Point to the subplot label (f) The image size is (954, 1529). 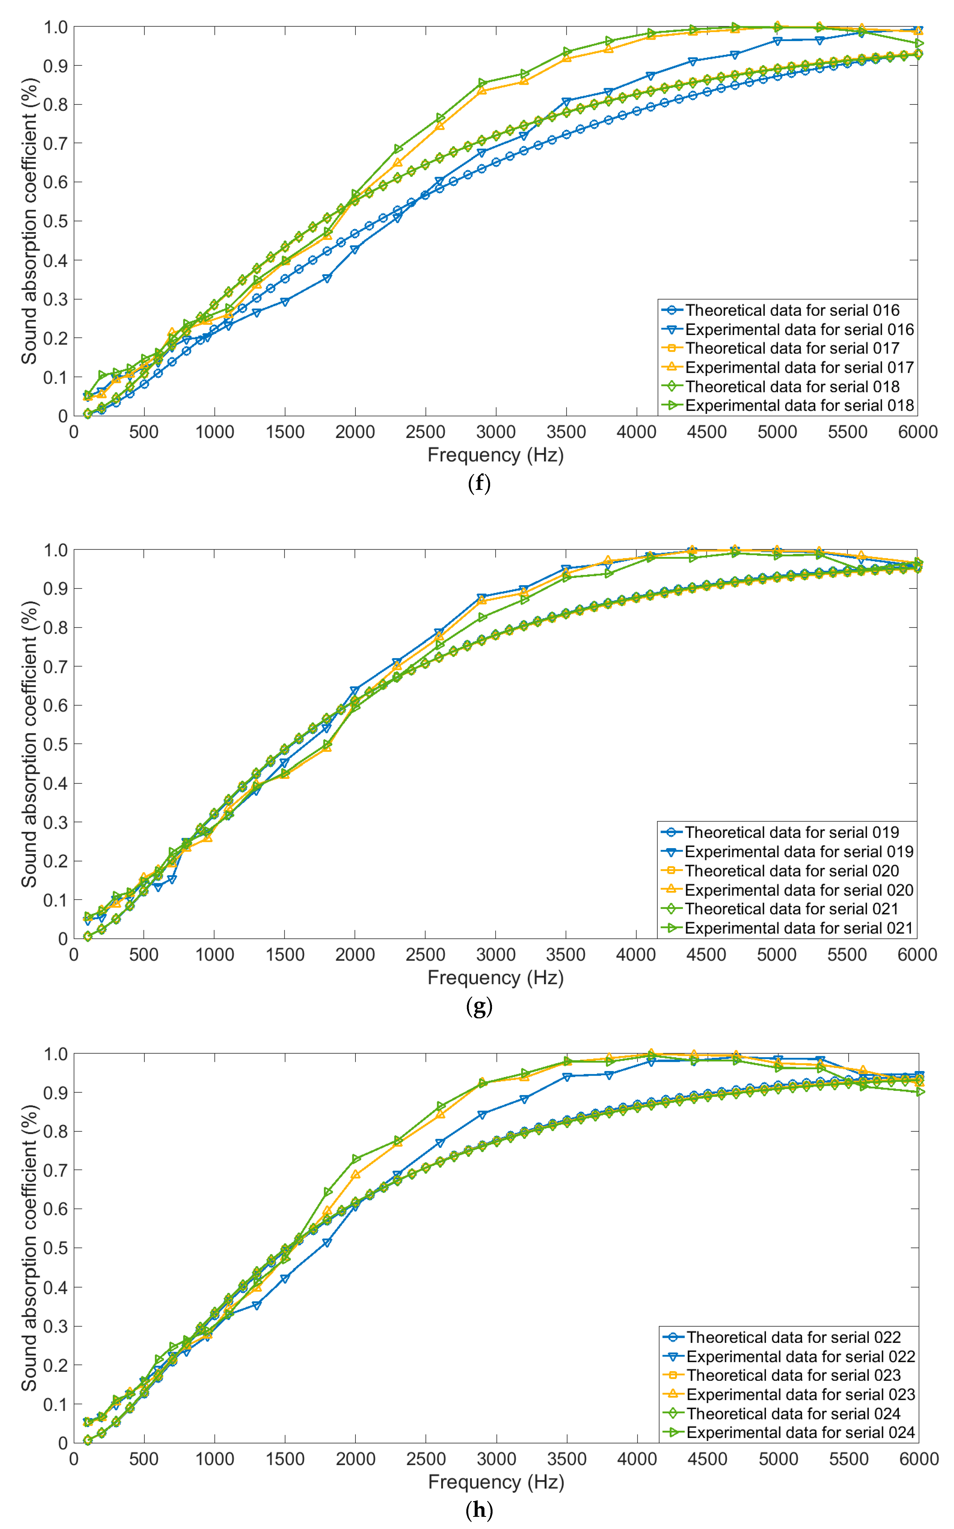(479, 484)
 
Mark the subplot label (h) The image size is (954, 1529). (479, 1510)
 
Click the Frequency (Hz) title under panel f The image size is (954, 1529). (495, 455)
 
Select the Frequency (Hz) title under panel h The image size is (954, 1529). (496, 1482)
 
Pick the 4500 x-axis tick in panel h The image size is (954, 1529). (707, 1459)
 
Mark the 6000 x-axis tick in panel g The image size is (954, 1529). (917, 955)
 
